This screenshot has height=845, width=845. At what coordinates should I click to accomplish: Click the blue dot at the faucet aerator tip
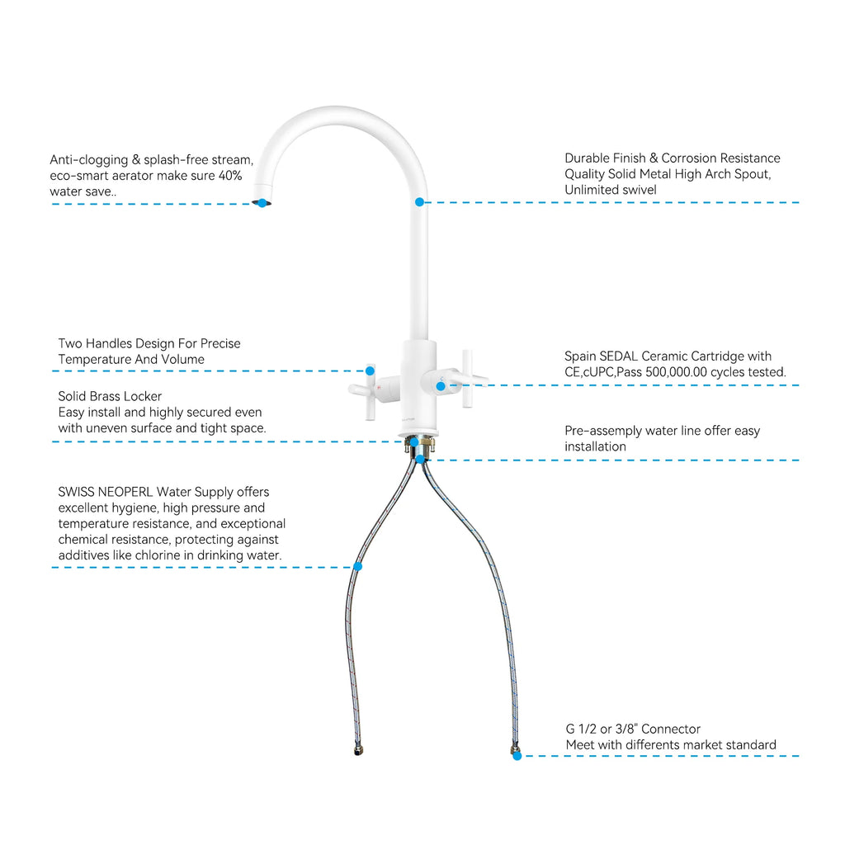[x=262, y=203]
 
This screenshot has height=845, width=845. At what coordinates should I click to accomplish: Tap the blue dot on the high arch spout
[x=419, y=202]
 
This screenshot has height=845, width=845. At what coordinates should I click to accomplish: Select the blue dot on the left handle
[x=371, y=371]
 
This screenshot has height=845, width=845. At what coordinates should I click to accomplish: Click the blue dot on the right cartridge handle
[x=441, y=386]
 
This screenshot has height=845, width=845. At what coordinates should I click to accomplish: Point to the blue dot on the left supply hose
[x=358, y=566]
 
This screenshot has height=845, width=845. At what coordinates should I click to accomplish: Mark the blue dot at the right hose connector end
[x=517, y=756]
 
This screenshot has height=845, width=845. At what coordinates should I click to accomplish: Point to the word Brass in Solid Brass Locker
[x=110, y=397]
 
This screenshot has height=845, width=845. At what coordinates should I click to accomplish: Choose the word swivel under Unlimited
[x=640, y=190]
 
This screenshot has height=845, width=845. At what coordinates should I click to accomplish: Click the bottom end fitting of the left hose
[x=358, y=749]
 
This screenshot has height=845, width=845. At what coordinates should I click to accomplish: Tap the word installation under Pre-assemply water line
[x=596, y=446]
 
